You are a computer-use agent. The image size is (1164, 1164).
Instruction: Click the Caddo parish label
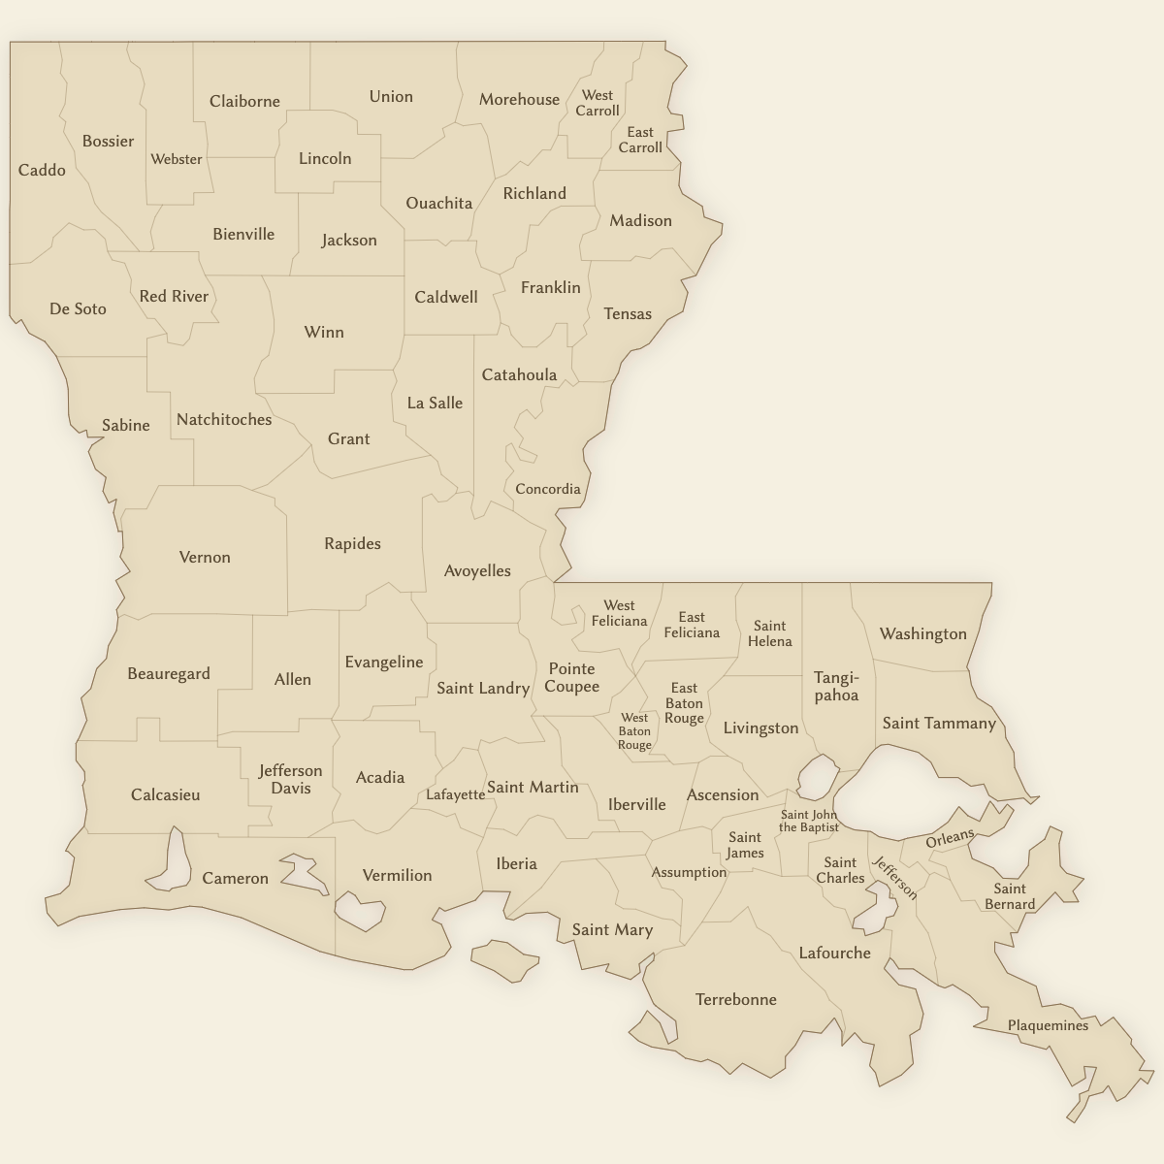42,171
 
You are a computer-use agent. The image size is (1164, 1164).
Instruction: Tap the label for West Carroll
598,103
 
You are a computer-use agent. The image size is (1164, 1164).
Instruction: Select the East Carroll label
640,140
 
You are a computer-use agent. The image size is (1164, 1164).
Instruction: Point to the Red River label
174,296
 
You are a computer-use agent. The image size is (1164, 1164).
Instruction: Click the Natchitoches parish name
224,420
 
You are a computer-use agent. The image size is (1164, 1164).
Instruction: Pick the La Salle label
435,403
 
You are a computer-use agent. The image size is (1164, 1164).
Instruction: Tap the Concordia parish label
548,489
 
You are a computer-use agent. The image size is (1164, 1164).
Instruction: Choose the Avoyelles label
477,570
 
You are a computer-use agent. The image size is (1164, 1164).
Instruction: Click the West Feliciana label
619,613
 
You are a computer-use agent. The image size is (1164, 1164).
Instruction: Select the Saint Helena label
770,633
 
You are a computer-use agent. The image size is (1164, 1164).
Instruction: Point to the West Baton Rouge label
634,731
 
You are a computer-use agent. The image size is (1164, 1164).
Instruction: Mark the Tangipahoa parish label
836,686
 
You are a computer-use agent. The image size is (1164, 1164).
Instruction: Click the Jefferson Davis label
290,779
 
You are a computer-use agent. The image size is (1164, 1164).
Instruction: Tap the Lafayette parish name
456,794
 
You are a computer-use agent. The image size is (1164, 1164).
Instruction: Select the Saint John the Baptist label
809,822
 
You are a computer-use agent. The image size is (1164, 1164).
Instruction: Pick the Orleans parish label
950,839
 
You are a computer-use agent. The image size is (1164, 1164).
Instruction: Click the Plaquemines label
1048,1025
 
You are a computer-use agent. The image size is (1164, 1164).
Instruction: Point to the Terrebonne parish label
736,999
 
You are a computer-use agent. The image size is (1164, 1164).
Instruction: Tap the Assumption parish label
689,872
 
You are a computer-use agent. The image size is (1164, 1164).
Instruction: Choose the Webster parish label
177,159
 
